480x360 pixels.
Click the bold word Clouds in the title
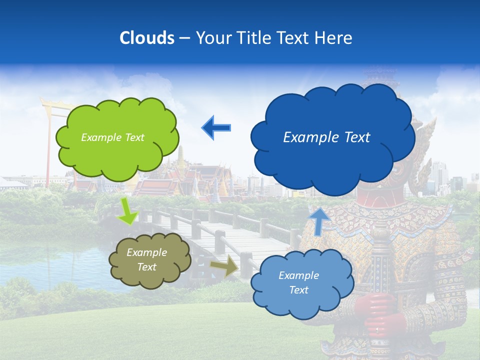147,38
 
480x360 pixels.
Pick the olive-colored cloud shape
149,260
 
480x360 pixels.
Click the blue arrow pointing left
216,127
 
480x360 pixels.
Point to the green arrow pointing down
128,210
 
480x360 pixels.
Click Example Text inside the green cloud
112,137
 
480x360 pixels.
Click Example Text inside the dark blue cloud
326,137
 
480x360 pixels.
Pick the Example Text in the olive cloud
147,260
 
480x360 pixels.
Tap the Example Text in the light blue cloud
298,282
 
